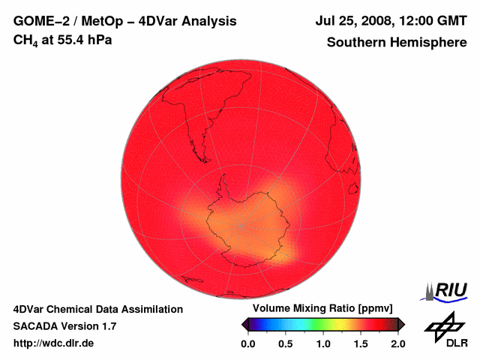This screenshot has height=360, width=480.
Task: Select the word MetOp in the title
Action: [97, 22]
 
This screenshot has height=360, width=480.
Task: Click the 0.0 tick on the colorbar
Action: [247, 343]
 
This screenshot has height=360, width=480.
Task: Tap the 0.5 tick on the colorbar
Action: [285, 343]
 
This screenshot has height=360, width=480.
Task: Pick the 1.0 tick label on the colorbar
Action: [323, 343]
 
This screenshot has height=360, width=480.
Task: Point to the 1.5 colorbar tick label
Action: [361, 343]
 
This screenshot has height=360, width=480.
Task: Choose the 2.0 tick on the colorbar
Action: [398, 343]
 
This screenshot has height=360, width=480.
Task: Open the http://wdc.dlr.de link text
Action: [53, 343]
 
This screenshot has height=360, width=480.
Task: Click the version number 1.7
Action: [108, 326]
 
